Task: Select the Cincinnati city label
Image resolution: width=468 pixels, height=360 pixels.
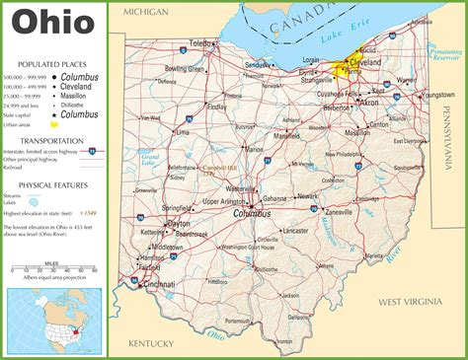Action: [160, 284]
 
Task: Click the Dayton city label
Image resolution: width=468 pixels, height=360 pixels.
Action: [180, 224]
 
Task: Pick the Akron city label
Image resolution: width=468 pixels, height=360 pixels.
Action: [369, 102]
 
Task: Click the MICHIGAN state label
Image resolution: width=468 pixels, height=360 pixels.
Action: [145, 13]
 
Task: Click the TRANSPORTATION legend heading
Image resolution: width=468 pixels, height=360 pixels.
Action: [39, 140]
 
